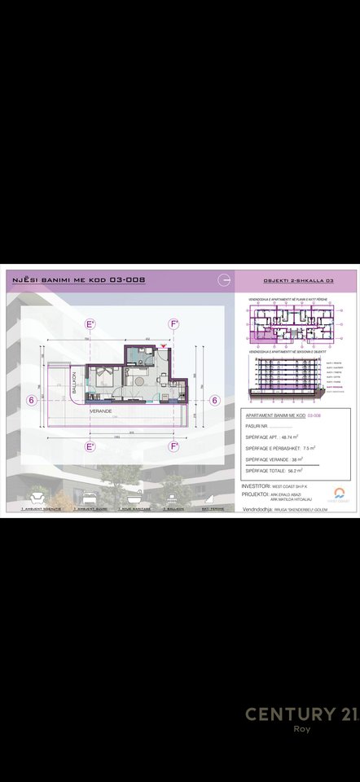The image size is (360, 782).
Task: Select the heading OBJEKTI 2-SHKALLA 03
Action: tap(299, 280)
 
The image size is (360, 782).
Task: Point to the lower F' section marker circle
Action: tap(174, 446)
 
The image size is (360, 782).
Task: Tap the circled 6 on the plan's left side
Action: tap(31, 399)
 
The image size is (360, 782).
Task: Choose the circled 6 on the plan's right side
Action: tap(215, 399)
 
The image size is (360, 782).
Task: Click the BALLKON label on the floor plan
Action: tap(73, 381)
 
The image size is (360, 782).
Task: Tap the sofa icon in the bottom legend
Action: tap(36, 494)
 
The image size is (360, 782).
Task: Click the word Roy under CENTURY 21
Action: tap(301, 730)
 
